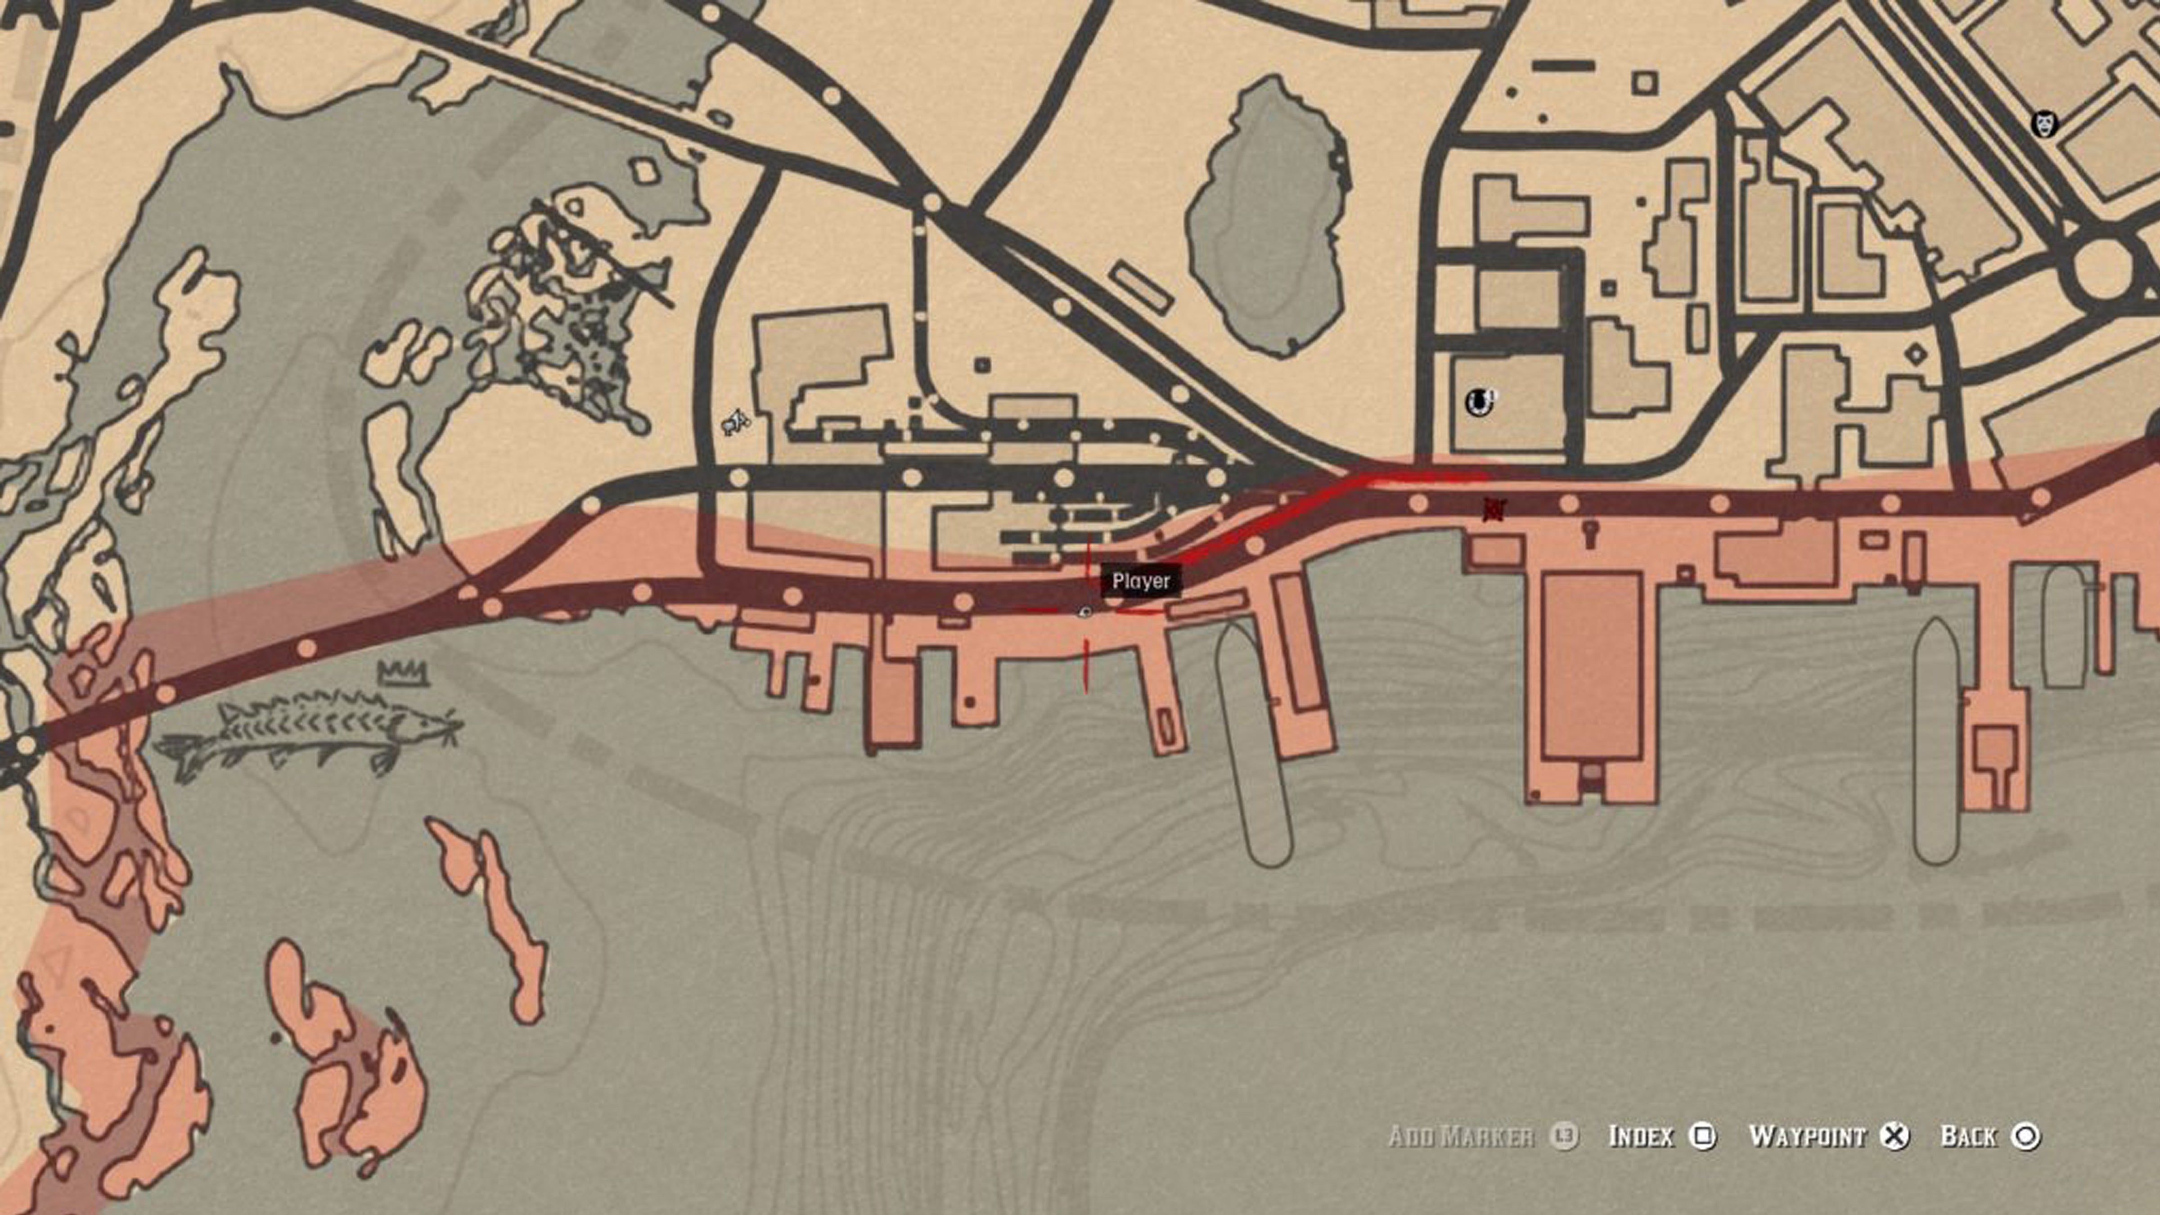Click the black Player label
[x=1140, y=581]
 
